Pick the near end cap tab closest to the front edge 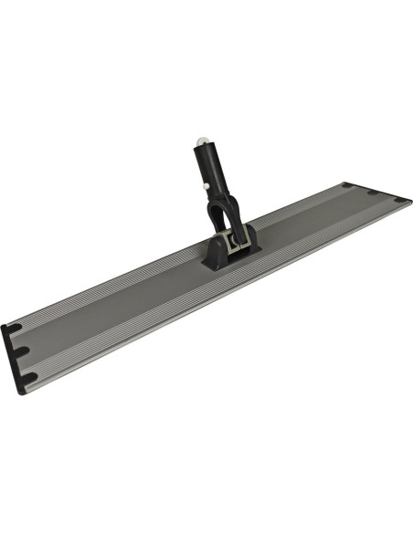click(x=31, y=377)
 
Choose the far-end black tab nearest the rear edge click(x=348, y=186)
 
